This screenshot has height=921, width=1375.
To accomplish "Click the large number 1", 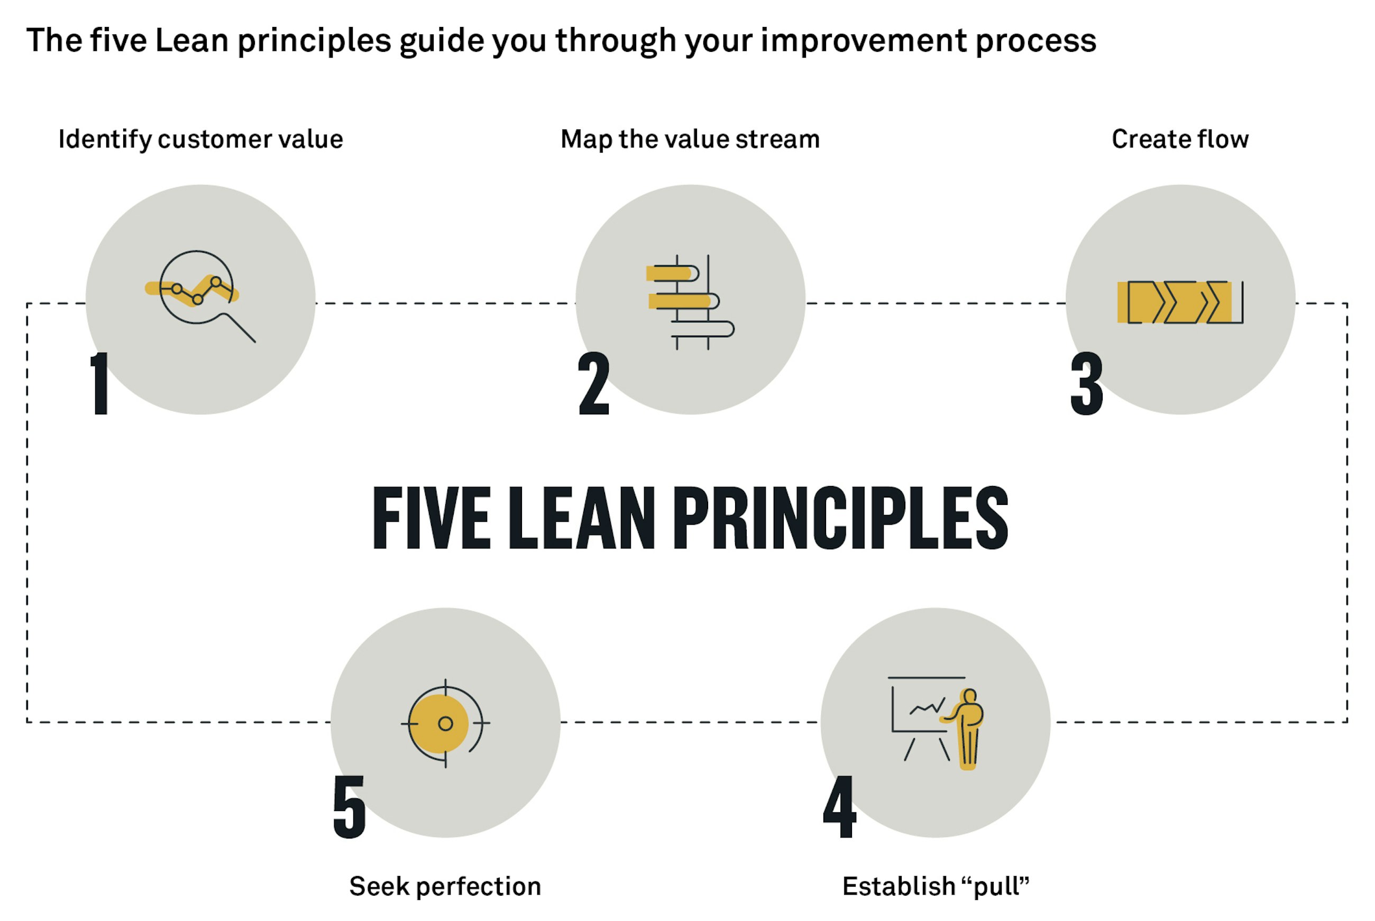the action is [100, 383].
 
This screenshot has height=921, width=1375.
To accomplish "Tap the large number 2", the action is [594, 383].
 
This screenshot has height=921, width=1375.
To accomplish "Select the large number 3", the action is [1087, 383].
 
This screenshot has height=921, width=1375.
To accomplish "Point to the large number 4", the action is [840, 806].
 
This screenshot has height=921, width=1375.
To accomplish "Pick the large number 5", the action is [349, 806].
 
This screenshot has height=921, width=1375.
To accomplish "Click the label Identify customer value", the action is [201, 140].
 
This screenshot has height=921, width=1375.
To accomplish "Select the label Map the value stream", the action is [690, 140].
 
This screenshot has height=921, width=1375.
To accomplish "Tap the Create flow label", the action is [1180, 139].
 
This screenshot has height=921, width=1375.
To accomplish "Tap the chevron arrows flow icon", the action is [1180, 302].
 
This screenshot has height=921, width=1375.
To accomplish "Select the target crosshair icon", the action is [445, 724].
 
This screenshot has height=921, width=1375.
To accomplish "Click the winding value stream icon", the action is [690, 302].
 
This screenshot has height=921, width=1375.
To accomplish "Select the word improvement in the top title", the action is [864, 41].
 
